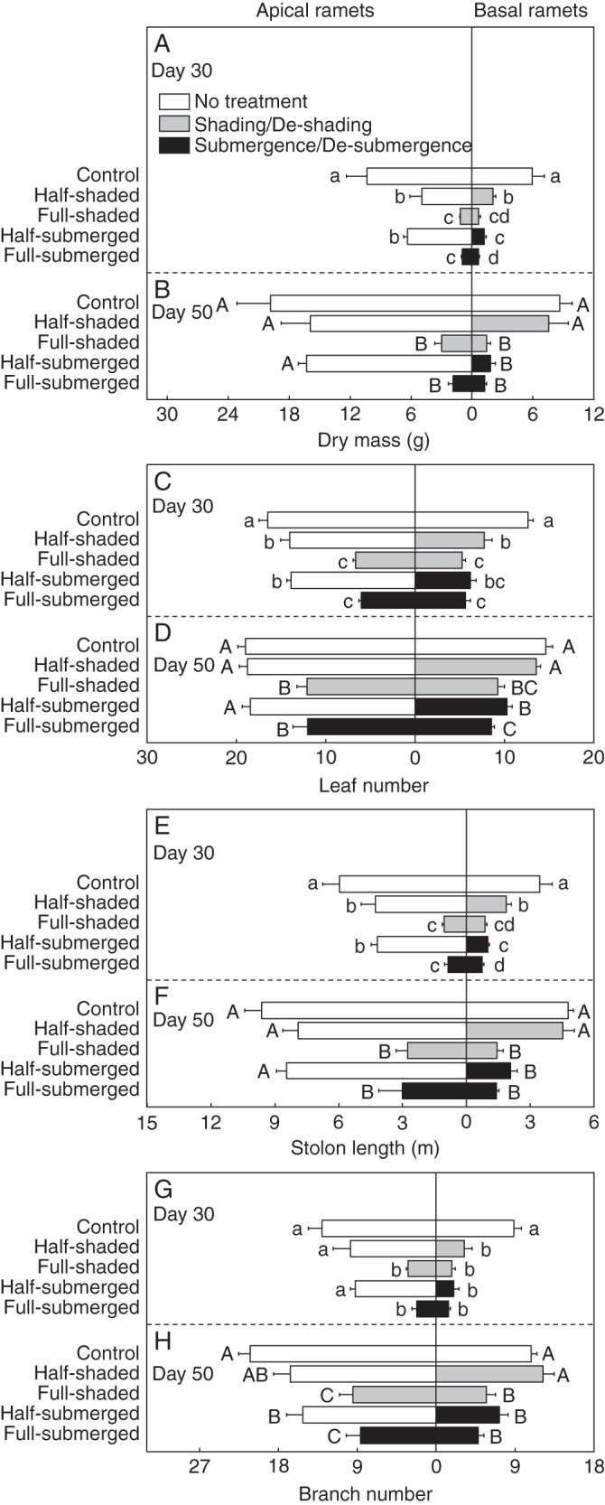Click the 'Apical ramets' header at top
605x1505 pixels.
(314, 11)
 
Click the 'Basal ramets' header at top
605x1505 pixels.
(530, 11)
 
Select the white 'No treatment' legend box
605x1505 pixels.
(175, 102)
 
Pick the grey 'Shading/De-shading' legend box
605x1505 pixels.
(175, 124)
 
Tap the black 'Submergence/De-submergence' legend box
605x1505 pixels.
(175, 145)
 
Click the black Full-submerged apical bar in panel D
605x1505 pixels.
(360, 726)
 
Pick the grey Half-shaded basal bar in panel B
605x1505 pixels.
(509, 323)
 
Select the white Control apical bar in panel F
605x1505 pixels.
(363, 1011)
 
